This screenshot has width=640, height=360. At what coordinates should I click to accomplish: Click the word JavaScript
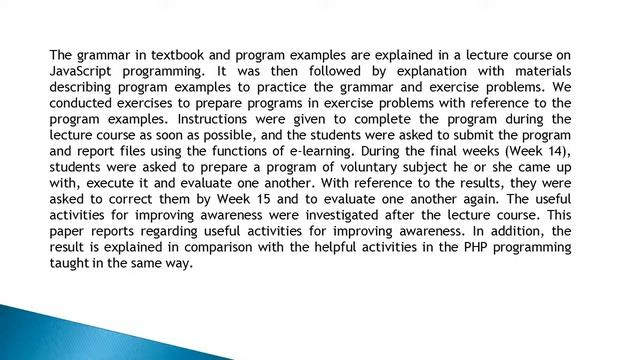click(82, 71)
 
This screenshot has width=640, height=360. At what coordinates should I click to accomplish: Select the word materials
click(532, 71)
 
